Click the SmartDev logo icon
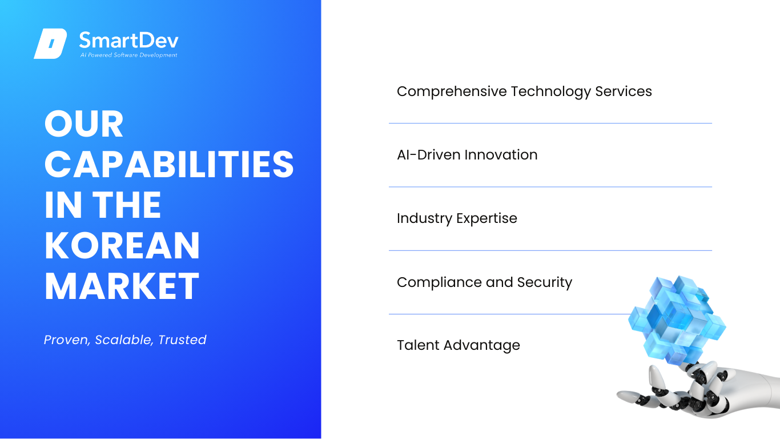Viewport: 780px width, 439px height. coord(50,43)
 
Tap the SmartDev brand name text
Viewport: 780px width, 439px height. coord(129,40)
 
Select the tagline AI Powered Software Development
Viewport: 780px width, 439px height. coord(129,55)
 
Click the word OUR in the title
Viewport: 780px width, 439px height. coord(84,124)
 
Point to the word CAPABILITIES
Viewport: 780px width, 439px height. coord(169,164)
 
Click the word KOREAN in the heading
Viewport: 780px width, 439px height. coord(122,245)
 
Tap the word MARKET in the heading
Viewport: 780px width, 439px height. coord(122,286)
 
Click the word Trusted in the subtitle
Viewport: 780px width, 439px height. coord(182,340)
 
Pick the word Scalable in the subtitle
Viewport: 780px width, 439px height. coord(124,340)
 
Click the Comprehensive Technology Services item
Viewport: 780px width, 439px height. coord(524,91)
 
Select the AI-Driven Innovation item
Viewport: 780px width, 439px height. coord(467,155)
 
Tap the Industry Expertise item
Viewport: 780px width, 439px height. coord(457,218)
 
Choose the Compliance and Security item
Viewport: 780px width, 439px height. coord(484,282)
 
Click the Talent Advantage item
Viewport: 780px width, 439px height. coord(459,346)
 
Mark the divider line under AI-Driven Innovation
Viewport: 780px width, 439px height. coord(550,187)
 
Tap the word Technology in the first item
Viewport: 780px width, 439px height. coord(551,91)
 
